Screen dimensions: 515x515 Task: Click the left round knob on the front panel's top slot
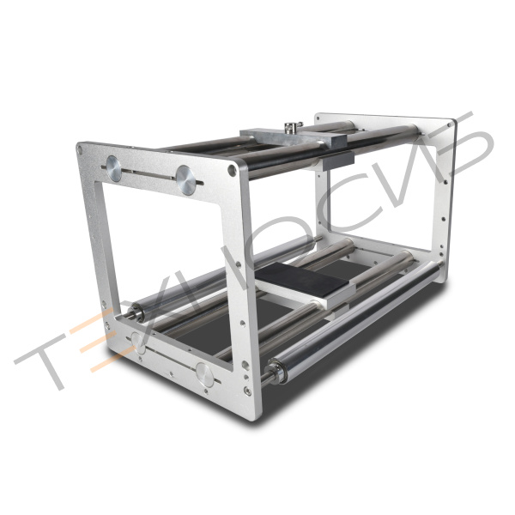click(113, 168)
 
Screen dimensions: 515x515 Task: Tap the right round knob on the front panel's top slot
click(185, 180)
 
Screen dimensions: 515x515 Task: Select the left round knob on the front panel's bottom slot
click(138, 343)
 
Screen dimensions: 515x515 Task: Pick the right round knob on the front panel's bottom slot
click(205, 374)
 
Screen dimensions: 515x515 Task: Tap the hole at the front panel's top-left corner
click(80, 149)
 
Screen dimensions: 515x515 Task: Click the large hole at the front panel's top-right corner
click(232, 170)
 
